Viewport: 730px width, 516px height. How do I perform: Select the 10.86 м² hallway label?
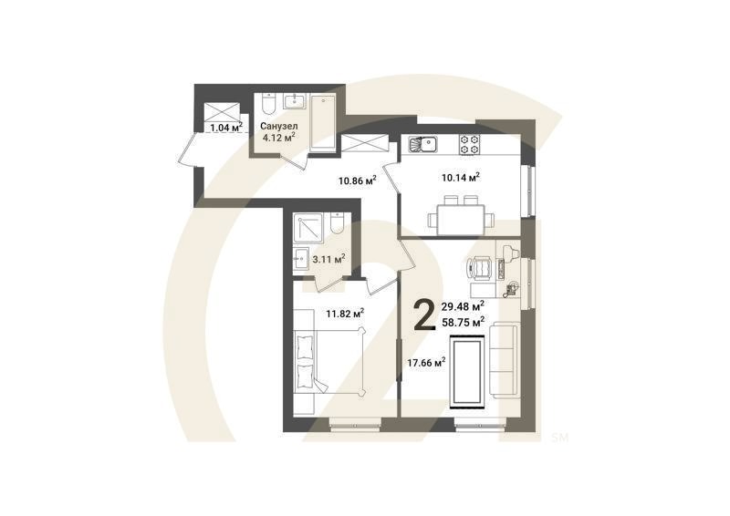click(357, 181)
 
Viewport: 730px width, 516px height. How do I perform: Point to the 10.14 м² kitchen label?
click(461, 177)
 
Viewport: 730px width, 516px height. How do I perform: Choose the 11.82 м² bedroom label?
click(345, 313)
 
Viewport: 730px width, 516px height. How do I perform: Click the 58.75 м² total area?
click(462, 322)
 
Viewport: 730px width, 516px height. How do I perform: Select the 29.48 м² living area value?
click(462, 307)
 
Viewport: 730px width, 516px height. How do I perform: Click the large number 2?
click(424, 315)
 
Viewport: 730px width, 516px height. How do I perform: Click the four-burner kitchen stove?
click(469, 143)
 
